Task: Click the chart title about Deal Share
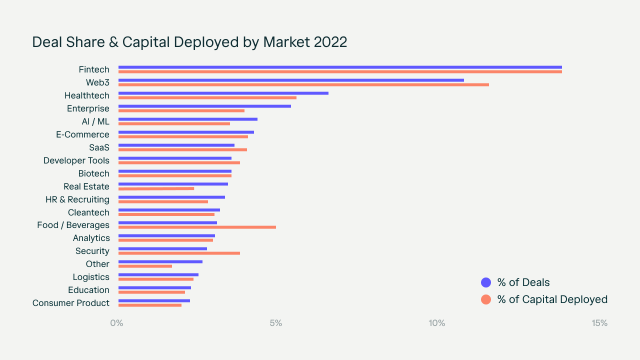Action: point(189,42)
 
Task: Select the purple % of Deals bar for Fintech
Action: point(340,67)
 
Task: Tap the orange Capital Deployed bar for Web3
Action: point(303,84)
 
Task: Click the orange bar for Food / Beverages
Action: point(197,227)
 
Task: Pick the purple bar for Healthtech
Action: point(223,93)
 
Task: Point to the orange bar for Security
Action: point(179,253)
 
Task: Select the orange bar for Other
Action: point(145,266)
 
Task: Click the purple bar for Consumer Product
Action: point(154,300)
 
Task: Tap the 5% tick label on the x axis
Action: point(276,323)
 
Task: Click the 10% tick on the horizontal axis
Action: point(436,323)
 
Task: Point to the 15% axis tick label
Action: point(599,323)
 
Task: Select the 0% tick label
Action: point(116,323)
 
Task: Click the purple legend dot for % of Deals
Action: point(486,282)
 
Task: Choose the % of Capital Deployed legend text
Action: point(552,299)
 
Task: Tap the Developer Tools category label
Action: point(76,160)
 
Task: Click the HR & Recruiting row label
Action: point(77,199)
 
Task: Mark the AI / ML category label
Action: point(95,121)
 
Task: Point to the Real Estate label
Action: point(86,186)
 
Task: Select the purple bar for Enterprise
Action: point(204,106)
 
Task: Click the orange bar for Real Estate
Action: point(156,188)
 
